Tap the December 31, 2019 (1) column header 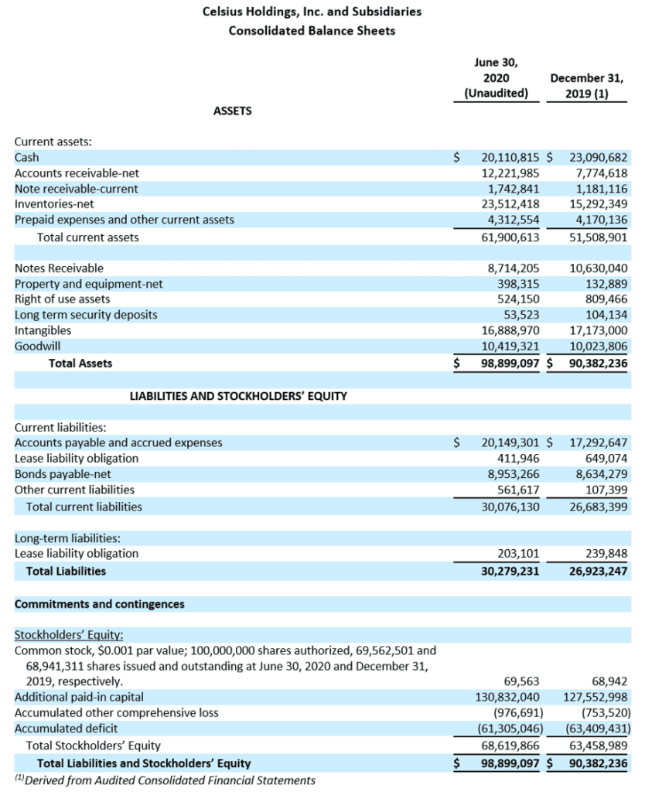coord(588,86)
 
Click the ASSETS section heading coord(232,111)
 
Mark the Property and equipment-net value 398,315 coord(518,284)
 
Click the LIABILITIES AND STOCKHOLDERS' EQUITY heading coord(238,396)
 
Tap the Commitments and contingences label coord(100,604)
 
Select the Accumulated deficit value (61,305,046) coord(507,729)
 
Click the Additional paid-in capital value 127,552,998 coord(590,697)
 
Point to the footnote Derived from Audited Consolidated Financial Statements coord(166,780)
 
